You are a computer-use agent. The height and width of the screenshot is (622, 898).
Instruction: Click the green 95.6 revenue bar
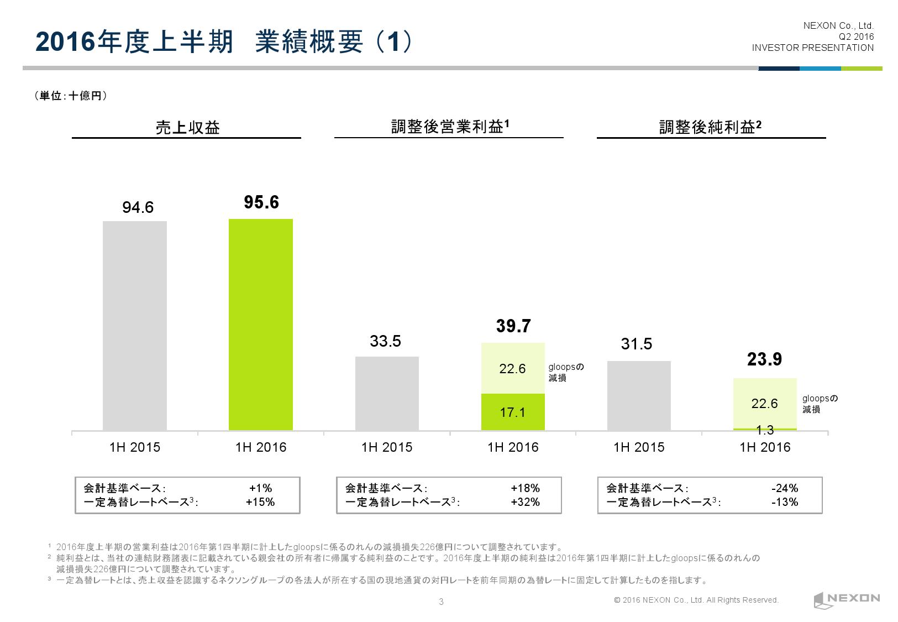(261, 325)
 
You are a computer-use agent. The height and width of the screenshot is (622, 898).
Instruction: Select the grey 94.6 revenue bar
(135, 326)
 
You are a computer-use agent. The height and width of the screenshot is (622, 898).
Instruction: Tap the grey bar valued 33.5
(387, 393)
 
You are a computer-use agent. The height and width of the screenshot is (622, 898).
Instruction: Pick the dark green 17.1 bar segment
(513, 412)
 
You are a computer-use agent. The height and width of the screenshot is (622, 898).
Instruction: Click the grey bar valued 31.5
(639, 395)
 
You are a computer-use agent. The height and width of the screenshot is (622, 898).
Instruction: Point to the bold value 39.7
(513, 326)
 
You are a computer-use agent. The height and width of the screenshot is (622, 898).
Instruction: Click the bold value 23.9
(764, 360)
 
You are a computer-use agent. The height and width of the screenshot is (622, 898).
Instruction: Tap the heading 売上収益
(187, 128)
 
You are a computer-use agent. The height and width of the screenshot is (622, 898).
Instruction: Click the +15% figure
(260, 502)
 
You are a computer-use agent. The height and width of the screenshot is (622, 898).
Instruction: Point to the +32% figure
(526, 502)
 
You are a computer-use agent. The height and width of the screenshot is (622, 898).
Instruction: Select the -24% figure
(785, 488)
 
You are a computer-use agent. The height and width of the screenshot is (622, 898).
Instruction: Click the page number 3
(441, 602)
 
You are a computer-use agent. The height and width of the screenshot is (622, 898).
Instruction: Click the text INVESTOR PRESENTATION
(812, 48)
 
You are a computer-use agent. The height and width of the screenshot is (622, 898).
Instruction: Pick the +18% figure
(526, 488)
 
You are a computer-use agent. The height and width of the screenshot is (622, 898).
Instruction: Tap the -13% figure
(785, 502)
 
